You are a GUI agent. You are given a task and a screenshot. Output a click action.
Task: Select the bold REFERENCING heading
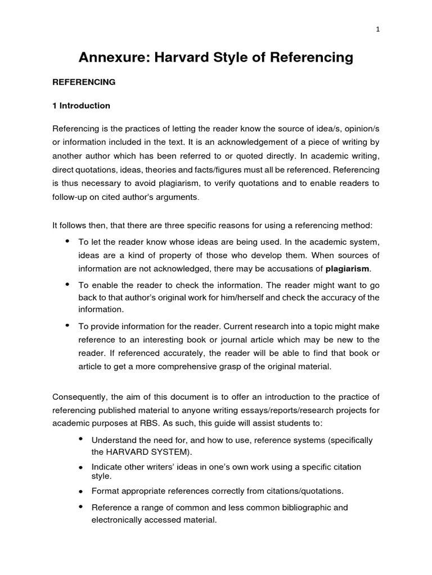[x=84, y=82]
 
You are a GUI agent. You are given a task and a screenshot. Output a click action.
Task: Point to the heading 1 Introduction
[x=81, y=106]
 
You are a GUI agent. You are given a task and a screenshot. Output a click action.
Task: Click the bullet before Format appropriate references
[x=81, y=491]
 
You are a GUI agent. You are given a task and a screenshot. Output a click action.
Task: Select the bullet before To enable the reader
[x=67, y=285]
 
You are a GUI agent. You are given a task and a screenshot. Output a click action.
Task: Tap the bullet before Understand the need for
[x=81, y=439]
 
